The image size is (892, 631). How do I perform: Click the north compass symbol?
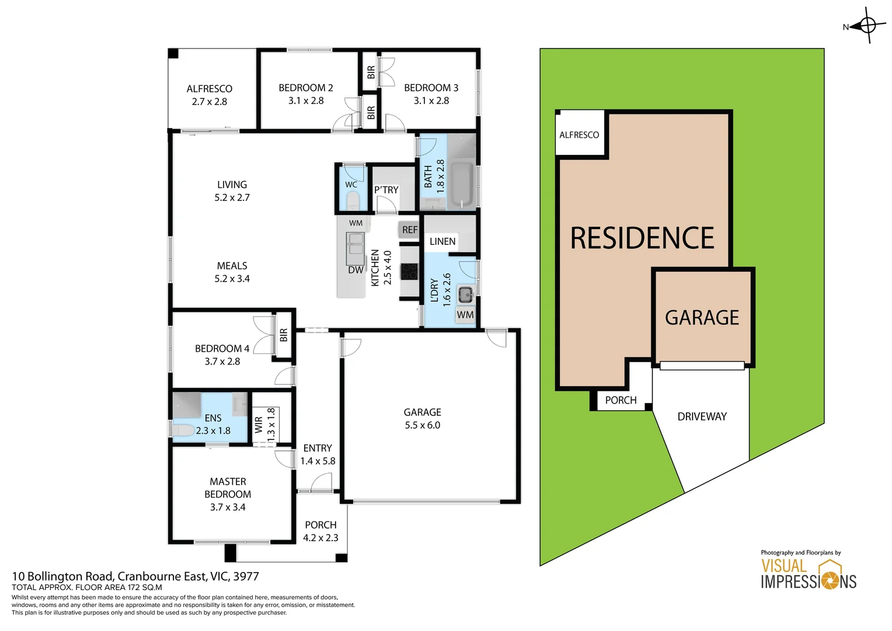[867, 26]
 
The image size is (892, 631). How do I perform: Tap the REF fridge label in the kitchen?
[410, 230]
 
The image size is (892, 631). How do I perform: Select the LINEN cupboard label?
[442, 241]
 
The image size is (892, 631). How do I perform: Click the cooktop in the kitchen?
[409, 272]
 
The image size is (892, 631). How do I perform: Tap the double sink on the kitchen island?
[355, 244]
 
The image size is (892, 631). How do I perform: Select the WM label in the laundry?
[465, 315]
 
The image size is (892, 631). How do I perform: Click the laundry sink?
[465, 294]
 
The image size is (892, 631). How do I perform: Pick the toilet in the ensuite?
[183, 431]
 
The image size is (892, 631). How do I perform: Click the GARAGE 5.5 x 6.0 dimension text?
[423, 425]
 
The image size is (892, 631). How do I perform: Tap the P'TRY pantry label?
[386, 190]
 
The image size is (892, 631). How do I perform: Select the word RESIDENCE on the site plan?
[642, 238]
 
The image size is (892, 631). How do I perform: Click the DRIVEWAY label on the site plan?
[702, 417]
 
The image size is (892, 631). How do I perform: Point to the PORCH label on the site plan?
[621, 400]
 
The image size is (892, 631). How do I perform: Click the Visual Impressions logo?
[808, 574]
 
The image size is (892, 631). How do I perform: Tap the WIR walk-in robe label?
[259, 425]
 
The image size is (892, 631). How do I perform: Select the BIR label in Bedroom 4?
[284, 335]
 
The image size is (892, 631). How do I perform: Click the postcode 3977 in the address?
[246, 577]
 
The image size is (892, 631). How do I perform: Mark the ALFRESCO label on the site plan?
[579, 135]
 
